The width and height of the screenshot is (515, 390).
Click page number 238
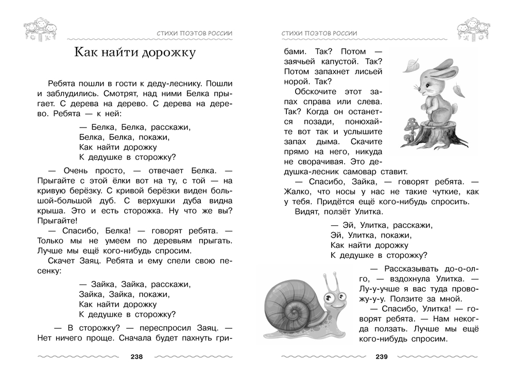(x=136, y=357)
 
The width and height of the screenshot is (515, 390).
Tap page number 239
(x=381, y=357)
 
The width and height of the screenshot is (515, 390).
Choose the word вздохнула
(x=402, y=278)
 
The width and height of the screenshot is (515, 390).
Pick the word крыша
(x=50, y=210)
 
